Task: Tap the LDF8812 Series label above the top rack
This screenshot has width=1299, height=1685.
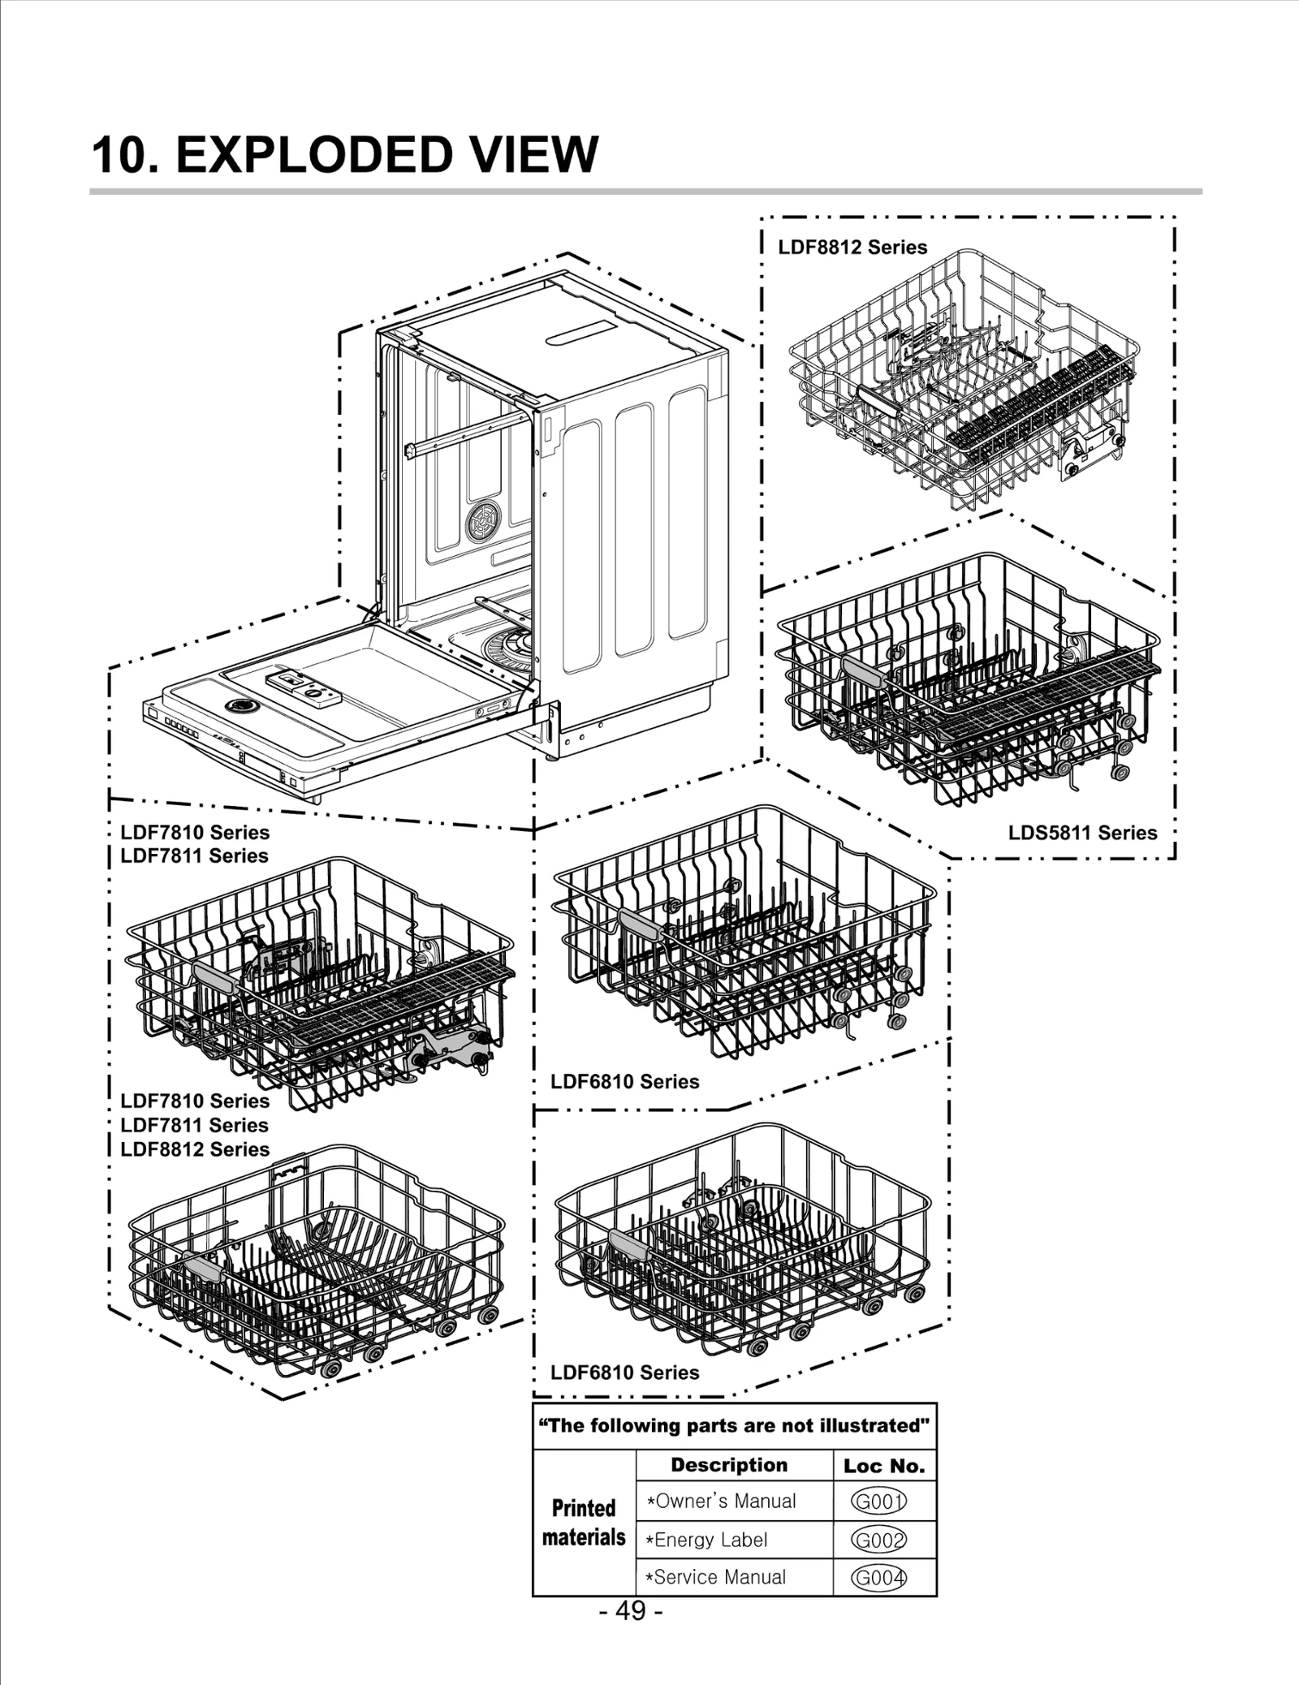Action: pos(852,248)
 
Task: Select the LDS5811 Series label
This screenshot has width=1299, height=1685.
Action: pos(1082,833)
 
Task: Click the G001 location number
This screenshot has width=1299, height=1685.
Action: pos(878,1502)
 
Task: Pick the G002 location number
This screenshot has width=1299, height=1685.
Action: pos(878,1540)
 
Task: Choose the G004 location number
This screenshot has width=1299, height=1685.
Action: pos(878,1578)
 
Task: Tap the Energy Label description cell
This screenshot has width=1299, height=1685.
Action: pos(706,1540)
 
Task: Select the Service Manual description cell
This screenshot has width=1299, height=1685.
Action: pos(716,1578)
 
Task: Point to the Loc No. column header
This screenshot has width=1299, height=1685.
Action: pos(884,1466)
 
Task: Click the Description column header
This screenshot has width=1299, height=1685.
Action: pos(729,1465)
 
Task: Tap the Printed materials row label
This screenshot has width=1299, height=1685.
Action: pos(584,1523)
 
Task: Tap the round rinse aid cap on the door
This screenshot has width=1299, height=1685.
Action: pos(239,706)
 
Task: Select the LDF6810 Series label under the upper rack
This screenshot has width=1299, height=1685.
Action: pos(624,1082)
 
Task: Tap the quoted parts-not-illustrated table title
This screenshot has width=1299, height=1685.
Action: pos(735,1426)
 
